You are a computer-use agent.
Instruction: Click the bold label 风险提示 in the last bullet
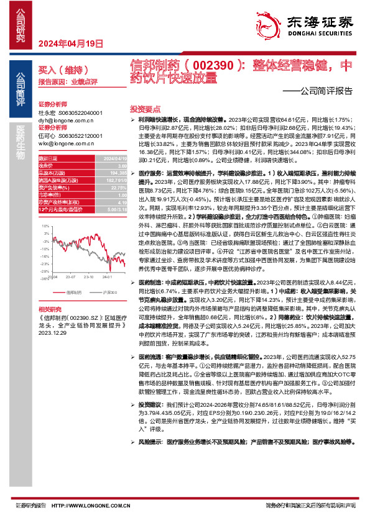[x=150, y=442]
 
